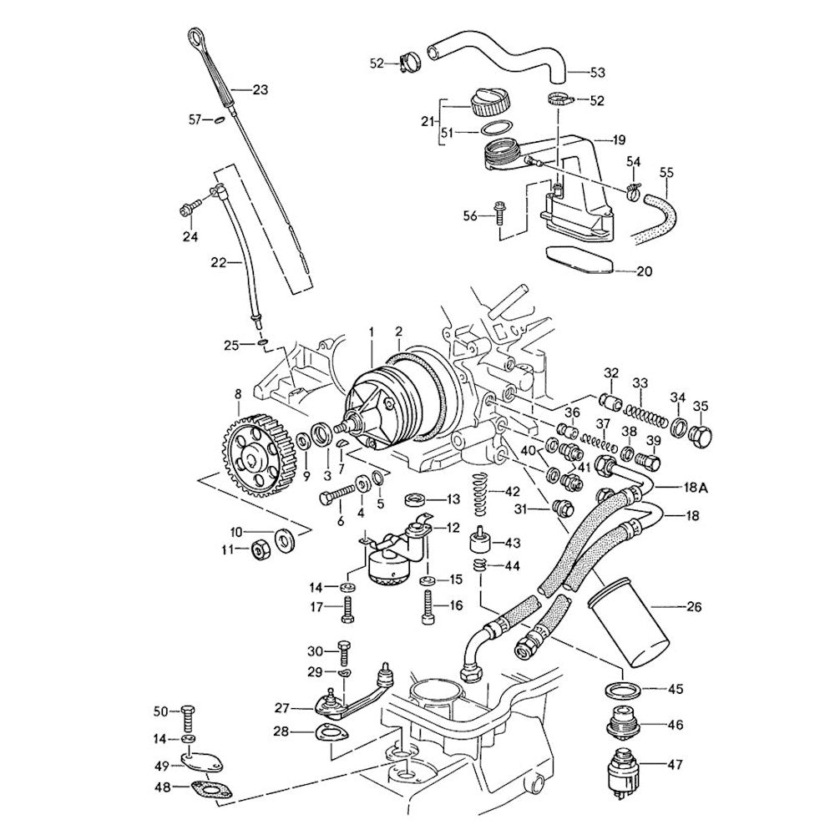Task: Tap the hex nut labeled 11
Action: [x=260, y=549]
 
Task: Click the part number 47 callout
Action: [x=674, y=762]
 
